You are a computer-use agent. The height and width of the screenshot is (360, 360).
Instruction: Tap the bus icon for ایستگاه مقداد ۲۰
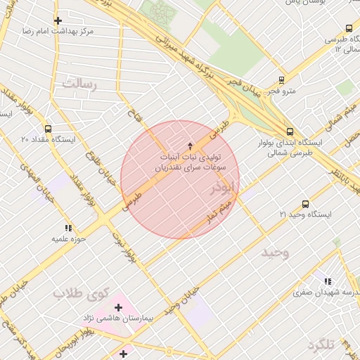(x=48, y=129)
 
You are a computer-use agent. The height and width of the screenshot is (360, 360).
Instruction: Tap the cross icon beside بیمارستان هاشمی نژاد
(x=118, y=307)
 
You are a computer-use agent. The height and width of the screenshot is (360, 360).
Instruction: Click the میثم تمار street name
(x=214, y=208)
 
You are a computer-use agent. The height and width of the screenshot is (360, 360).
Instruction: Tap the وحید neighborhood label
(x=276, y=251)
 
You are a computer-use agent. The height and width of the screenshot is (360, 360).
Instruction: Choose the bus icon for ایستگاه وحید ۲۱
(x=305, y=203)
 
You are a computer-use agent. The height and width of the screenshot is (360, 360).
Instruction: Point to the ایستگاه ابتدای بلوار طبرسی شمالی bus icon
(x=290, y=131)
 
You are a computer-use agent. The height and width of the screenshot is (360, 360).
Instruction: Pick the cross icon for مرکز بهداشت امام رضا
(x=58, y=20)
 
